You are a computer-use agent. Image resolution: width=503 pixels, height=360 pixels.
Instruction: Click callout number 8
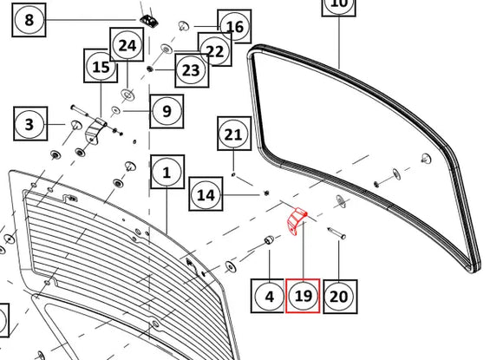pyautogui.click(x=29, y=20)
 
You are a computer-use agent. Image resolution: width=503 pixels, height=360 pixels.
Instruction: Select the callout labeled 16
pyautogui.click(x=234, y=27)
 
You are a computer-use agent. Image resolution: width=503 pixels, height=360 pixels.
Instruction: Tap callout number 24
pyautogui.click(x=127, y=44)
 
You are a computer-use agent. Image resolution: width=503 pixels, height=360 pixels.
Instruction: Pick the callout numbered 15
pyautogui.click(x=101, y=66)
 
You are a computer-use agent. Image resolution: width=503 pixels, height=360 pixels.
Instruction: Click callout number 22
pyautogui.click(x=215, y=49)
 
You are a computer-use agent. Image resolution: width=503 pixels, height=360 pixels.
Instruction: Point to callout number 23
pyautogui.click(x=192, y=70)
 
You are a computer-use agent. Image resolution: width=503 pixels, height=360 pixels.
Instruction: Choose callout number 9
pyautogui.click(x=167, y=111)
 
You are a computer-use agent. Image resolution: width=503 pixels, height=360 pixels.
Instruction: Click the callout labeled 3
pyautogui.click(x=30, y=124)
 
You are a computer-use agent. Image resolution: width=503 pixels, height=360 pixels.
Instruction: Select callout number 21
pyautogui.click(x=234, y=134)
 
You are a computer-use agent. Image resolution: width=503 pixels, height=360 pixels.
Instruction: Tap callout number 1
pyautogui.click(x=167, y=172)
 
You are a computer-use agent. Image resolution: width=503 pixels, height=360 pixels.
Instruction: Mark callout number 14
pyautogui.click(x=206, y=194)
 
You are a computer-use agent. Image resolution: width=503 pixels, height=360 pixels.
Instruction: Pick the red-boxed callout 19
pyautogui.click(x=303, y=296)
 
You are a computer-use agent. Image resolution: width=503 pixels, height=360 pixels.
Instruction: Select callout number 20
pyautogui.click(x=340, y=297)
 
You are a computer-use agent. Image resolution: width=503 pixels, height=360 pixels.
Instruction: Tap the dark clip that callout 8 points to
pyautogui.click(x=149, y=21)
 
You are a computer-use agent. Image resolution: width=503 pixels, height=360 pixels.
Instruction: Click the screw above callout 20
pyautogui.click(x=336, y=233)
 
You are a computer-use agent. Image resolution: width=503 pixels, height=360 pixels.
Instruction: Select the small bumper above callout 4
pyautogui.click(x=269, y=239)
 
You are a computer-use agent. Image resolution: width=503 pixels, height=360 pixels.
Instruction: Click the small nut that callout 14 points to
pyautogui.click(x=266, y=193)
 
